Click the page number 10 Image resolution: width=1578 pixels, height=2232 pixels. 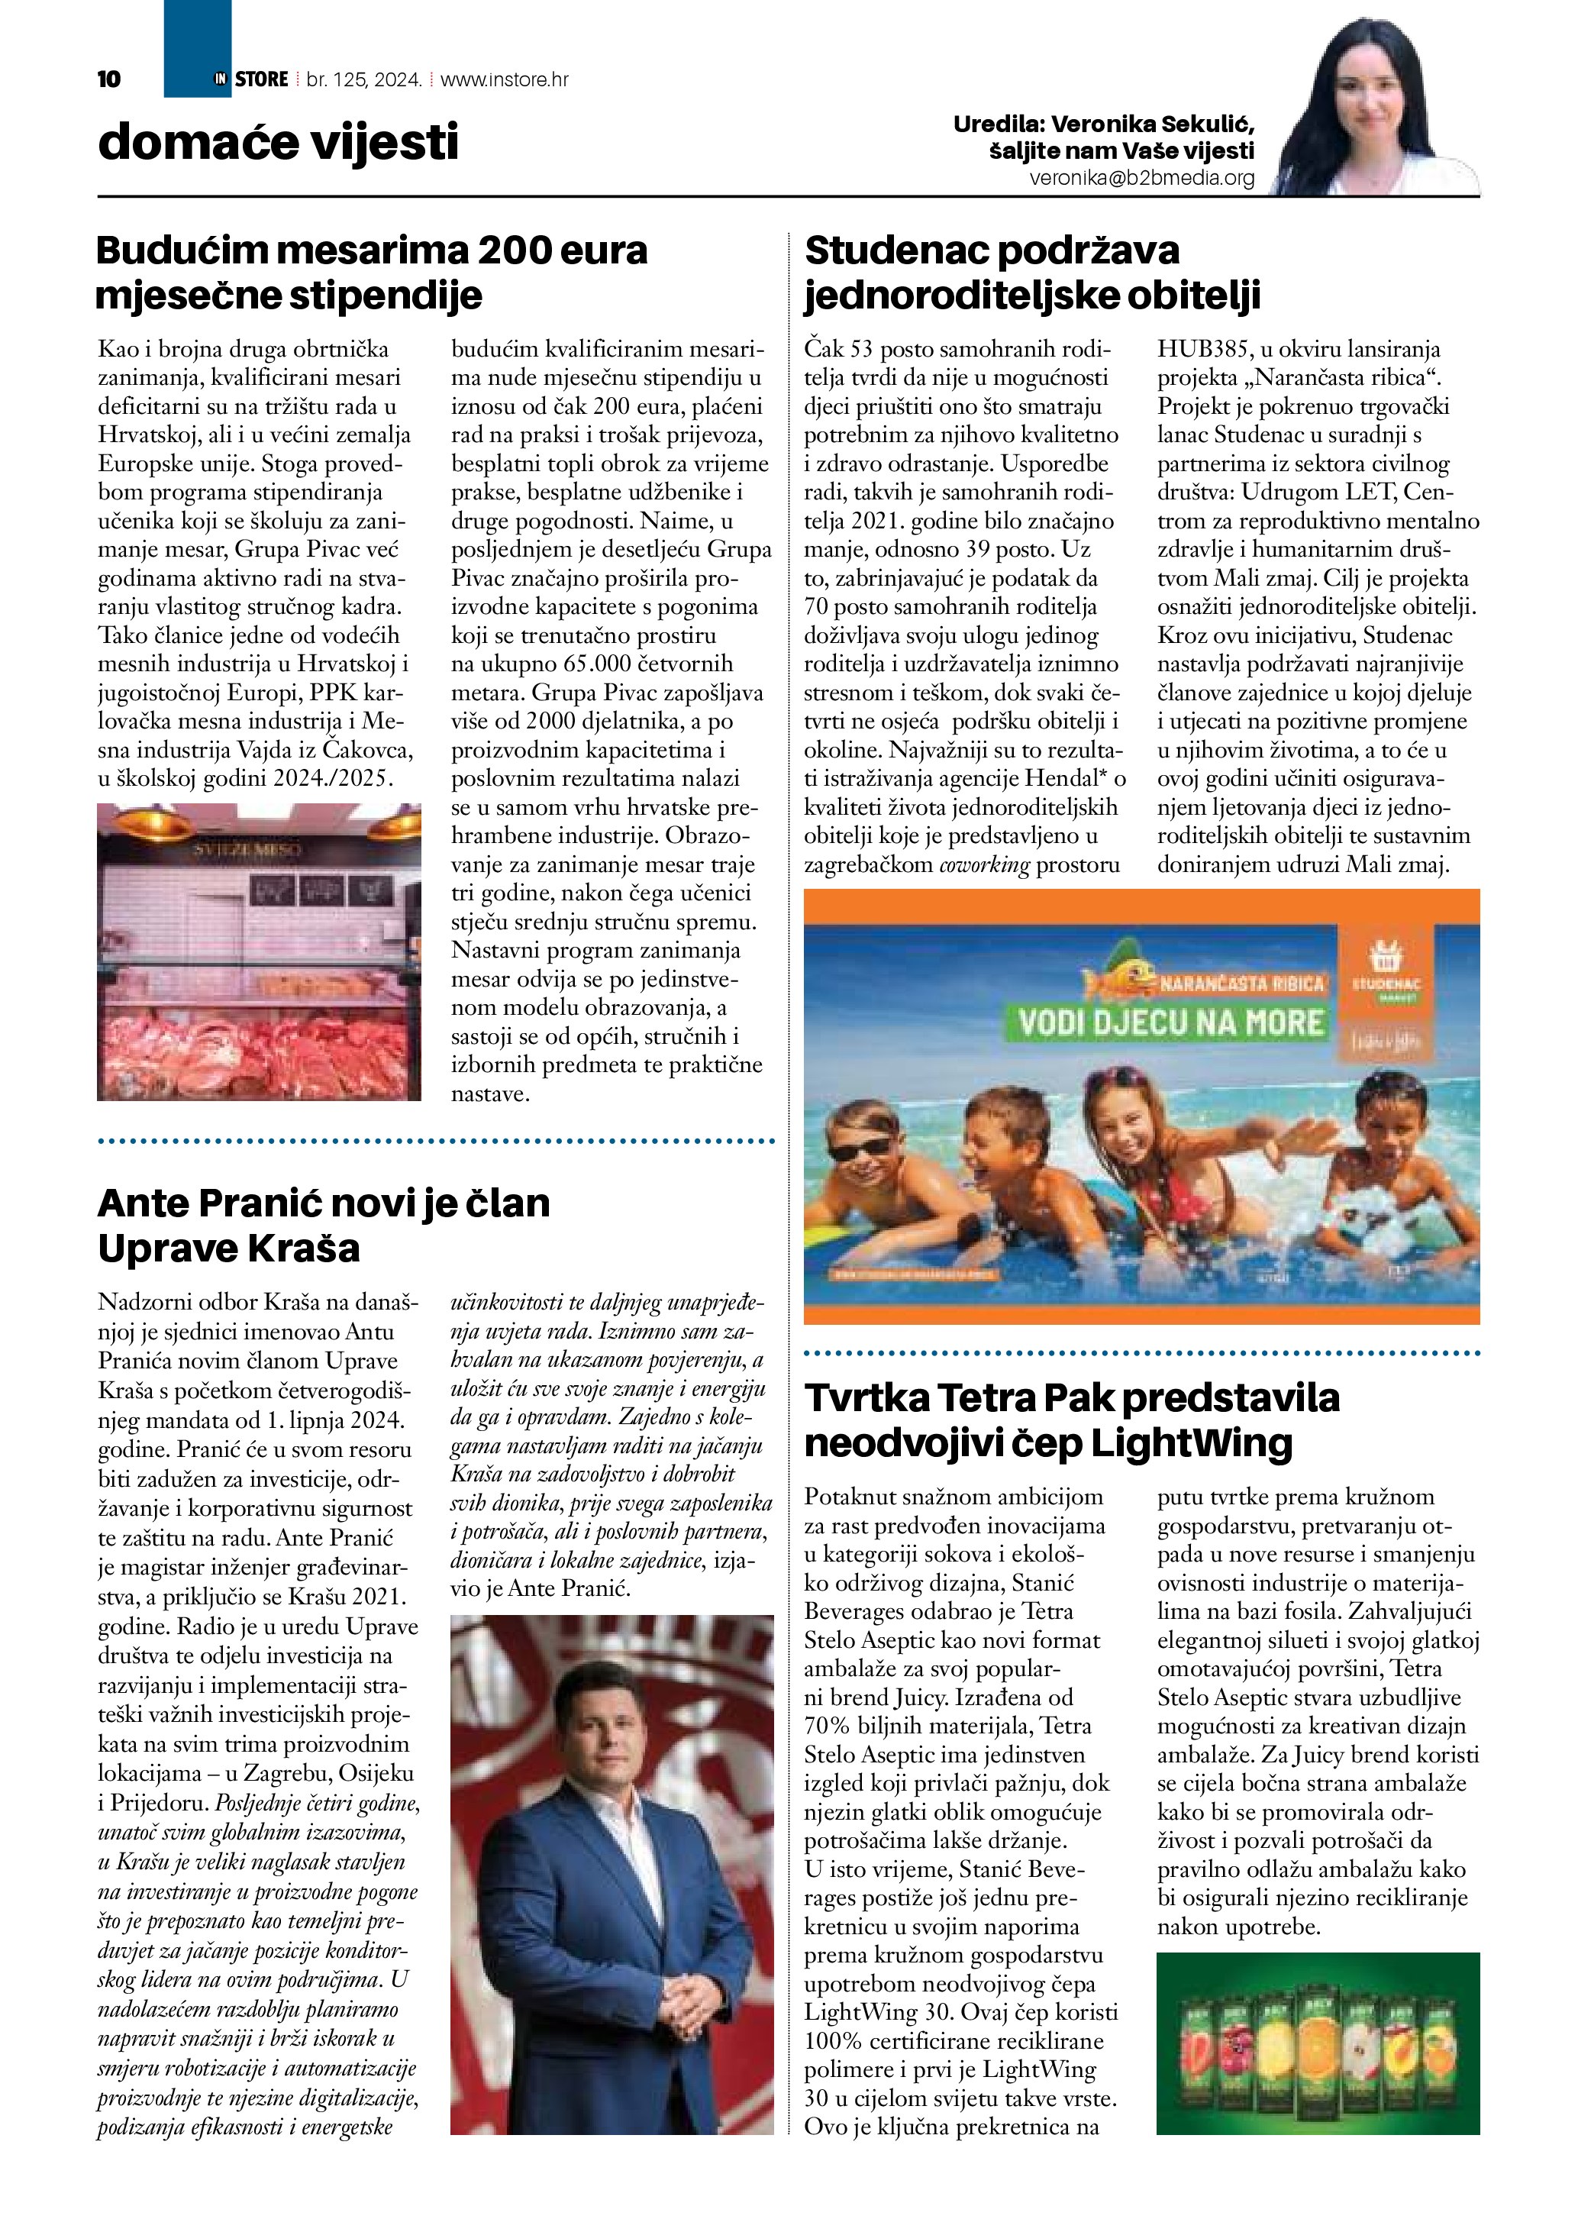109,79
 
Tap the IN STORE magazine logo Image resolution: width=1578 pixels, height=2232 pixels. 250,79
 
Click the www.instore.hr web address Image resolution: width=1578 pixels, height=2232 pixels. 505,79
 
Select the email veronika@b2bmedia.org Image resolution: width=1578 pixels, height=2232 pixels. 1142,178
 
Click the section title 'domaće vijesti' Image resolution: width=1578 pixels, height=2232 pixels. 278,142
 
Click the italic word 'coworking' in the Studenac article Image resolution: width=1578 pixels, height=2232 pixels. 983,864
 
